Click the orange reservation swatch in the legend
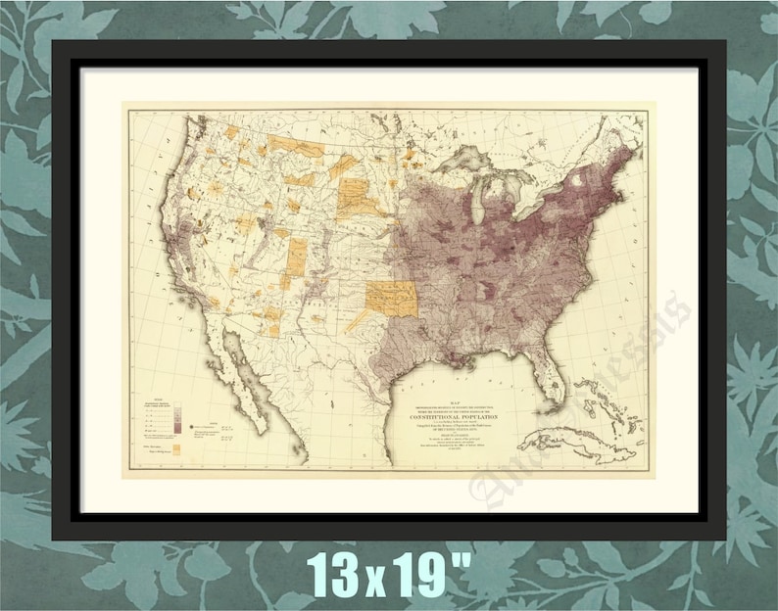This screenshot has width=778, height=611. pos(176,450)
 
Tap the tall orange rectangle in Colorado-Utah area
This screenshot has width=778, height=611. pos(297,255)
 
